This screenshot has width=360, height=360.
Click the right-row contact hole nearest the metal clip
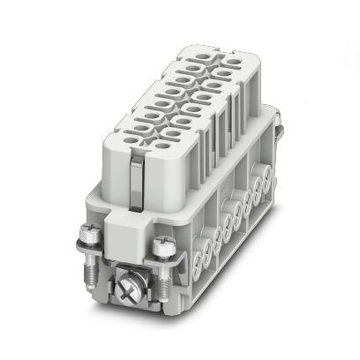click(x=162, y=146)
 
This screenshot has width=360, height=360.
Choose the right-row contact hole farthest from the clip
click(x=234, y=62)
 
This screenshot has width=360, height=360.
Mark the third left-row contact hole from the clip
click(x=152, y=116)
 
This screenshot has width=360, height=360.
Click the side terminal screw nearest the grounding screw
click(x=198, y=259)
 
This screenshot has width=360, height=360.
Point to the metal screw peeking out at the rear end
click(x=279, y=122)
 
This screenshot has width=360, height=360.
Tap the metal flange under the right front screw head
click(x=169, y=258)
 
